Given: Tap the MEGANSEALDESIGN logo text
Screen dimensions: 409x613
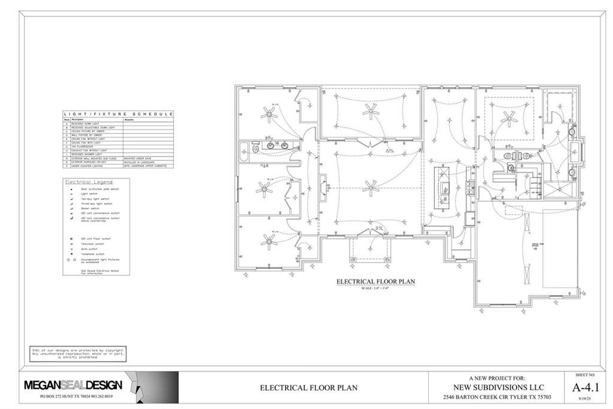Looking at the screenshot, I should [73, 386].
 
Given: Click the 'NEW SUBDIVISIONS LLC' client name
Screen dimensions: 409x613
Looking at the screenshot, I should [498, 387].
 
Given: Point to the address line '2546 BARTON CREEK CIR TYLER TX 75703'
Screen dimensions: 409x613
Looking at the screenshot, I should [498, 397].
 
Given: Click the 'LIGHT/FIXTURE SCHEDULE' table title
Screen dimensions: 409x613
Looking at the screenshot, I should [118, 114].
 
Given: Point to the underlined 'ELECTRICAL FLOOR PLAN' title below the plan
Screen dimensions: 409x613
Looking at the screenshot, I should [375, 281].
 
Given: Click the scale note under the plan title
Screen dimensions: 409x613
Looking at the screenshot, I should [375, 288].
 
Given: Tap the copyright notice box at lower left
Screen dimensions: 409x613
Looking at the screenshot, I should [78, 353].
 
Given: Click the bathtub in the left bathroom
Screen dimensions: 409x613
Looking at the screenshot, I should [244, 152].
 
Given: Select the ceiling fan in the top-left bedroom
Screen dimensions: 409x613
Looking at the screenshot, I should [269, 113].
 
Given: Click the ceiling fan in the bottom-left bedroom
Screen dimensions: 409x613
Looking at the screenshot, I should [266, 238].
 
